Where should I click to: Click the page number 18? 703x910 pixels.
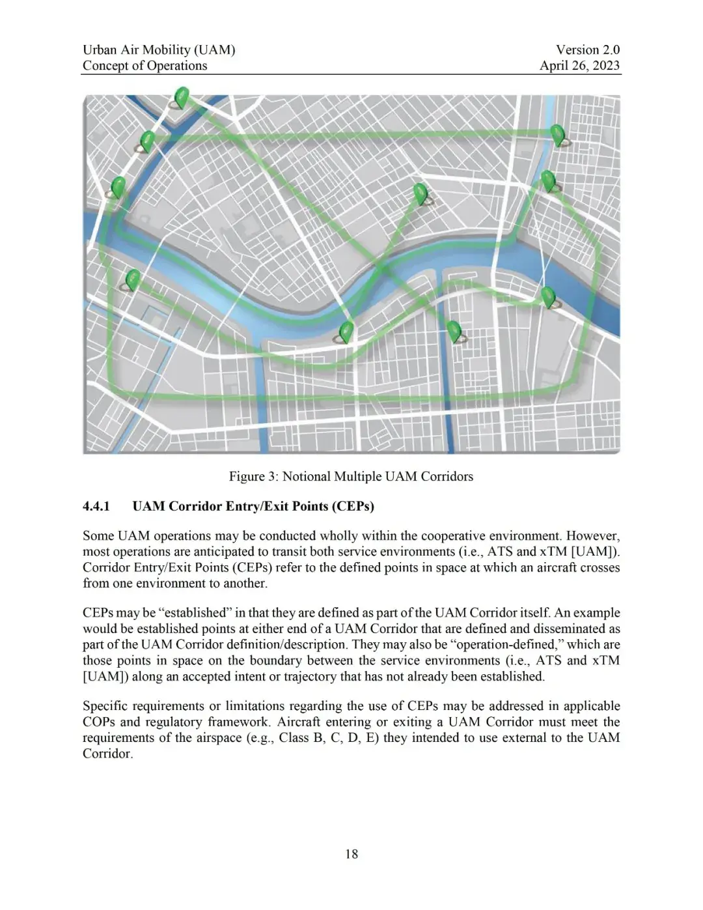(x=351, y=854)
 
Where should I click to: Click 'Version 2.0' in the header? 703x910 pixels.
(x=587, y=50)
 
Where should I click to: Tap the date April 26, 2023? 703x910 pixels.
(x=579, y=65)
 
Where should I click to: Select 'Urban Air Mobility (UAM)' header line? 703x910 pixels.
(x=159, y=50)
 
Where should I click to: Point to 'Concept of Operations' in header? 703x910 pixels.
(x=145, y=65)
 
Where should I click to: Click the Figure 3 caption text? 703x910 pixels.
(x=351, y=476)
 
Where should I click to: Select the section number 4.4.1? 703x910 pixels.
(x=96, y=506)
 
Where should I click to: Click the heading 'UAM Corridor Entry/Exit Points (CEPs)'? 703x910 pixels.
(x=253, y=506)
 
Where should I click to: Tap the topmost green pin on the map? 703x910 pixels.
(x=182, y=98)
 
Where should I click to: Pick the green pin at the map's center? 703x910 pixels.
(x=420, y=193)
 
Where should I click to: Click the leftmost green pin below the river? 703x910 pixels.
(x=132, y=279)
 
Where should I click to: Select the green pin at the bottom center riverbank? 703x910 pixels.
(x=346, y=332)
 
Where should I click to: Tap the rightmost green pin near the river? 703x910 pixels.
(x=548, y=296)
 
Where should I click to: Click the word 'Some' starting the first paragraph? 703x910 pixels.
(x=98, y=535)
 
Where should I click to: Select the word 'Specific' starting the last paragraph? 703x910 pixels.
(x=105, y=706)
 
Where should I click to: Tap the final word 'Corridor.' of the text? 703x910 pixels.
(x=107, y=754)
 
